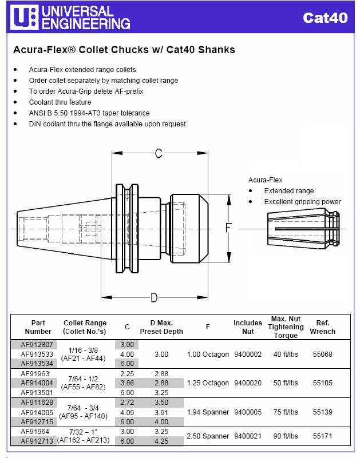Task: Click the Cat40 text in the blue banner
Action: coord(325,18)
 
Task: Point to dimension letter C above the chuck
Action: coord(159,153)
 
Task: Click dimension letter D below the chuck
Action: coord(154,297)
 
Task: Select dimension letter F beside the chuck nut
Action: coord(228,228)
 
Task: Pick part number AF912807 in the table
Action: coord(37,345)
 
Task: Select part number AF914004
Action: coord(37,383)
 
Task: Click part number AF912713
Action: coord(37,441)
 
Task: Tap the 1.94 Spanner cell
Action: coord(208,412)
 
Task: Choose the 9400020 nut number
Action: coord(248,383)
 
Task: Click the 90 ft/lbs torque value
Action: coord(286,436)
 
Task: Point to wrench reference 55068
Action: coord(322,355)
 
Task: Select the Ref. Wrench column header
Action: coord(322,327)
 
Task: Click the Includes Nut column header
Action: coord(248,327)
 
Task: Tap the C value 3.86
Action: coord(126,383)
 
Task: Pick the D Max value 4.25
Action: coord(161,441)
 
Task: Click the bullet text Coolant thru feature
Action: coord(60,102)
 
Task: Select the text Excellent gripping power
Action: coord(302,202)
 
